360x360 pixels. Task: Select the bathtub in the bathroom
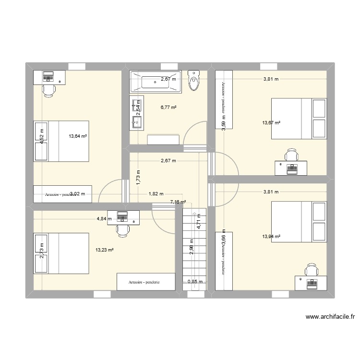(155, 82)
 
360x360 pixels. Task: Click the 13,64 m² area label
(77, 136)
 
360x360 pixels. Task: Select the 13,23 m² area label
(104, 250)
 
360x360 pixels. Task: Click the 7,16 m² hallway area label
(178, 203)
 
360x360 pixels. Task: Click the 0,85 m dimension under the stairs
(195, 282)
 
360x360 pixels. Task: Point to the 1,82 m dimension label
(154, 194)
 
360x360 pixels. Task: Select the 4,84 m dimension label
(104, 219)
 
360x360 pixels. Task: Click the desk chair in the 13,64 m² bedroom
(48, 90)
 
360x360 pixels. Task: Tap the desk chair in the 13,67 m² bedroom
(291, 155)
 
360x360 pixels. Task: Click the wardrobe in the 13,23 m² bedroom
(145, 282)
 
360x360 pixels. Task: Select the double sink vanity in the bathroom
(135, 113)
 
